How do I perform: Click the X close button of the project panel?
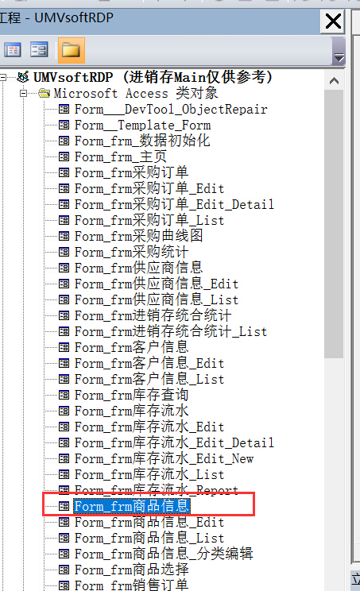(x=333, y=21)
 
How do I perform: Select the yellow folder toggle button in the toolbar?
(x=71, y=50)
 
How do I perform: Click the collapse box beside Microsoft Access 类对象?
(x=23, y=93)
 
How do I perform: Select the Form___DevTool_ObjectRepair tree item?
(x=171, y=110)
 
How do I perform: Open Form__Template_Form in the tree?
(x=142, y=126)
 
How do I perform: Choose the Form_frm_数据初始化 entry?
(x=142, y=141)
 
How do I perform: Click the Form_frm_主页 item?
(x=120, y=156)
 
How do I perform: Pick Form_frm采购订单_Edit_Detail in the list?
(x=174, y=204)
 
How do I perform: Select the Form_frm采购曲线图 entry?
(x=139, y=236)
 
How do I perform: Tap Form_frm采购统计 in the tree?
(x=132, y=252)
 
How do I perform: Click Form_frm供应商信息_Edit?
(x=157, y=284)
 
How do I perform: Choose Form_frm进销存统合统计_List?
(x=171, y=332)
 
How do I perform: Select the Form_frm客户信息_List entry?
(x=149, y=379)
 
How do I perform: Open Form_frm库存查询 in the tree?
(x=132, y=395)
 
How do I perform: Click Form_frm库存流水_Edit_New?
(x=164, y=458)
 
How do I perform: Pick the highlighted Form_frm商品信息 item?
(x=132, y=506)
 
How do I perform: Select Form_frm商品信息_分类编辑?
(x=164, y=554)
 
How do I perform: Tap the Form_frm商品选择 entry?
(x=132, y=570)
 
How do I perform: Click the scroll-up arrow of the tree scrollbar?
(x=334, y=81)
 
